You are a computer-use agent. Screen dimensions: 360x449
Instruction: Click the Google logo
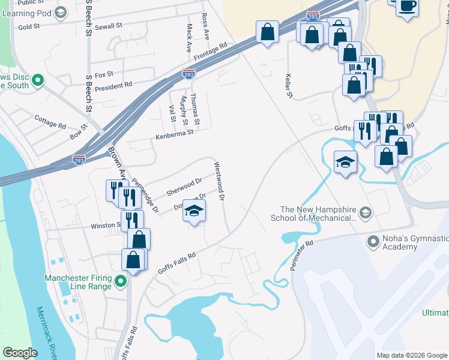tap(20, 353)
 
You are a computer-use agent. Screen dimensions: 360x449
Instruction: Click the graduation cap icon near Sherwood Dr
tap(194, 211)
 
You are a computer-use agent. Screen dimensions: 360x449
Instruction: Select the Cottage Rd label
tap(50, 122)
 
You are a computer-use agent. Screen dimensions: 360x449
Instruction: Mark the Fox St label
tap(104, 74)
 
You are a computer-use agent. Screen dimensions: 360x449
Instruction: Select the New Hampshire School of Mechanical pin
tap(365, 212)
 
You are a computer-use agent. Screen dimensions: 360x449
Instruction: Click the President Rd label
tap(112, 86)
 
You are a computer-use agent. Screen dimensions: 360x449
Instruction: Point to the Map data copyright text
tap(411, 355)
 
